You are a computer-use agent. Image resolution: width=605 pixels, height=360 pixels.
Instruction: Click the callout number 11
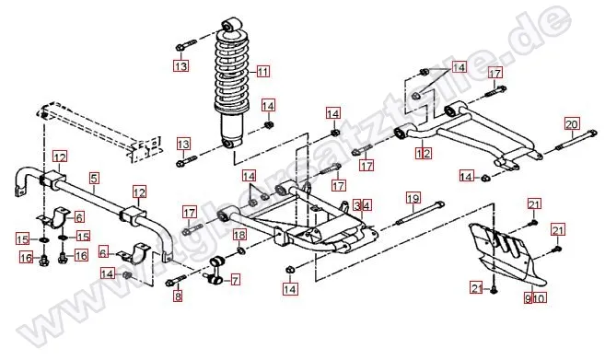pos(263,72)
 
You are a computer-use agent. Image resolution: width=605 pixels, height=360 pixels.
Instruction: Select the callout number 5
pos(94,176)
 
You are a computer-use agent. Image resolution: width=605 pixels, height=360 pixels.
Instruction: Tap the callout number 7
pos(235,279)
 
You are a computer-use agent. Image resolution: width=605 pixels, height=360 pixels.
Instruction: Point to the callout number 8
pos(179,296)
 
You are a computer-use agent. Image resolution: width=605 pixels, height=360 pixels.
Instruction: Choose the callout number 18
pos(239,235)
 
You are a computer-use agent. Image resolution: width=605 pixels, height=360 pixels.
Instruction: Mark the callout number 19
pos(413,198)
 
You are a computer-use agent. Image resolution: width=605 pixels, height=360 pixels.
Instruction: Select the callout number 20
pos(571,124)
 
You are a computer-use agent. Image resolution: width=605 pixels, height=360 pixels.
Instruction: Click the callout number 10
pos(541,297)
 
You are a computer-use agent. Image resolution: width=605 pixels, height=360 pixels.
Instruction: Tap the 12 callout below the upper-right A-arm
pos(424,154)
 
